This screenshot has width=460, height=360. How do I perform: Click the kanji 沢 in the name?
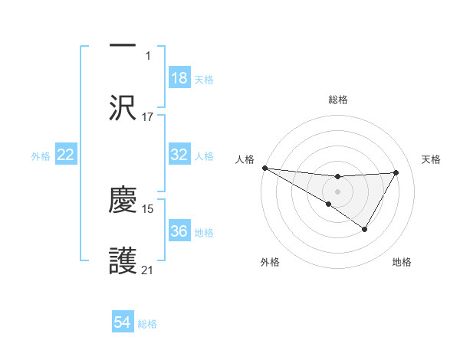tap(123, 109)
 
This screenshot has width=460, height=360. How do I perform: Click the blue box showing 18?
tap(179, 78)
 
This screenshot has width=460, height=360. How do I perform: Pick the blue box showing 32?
tap(179, 155)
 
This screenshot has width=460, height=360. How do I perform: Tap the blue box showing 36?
tap(179, 231)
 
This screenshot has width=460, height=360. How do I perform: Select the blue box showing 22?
tap(66, 155)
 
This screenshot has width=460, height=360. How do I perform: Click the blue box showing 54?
tap(123, 323)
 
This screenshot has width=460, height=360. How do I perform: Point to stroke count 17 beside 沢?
tap(148, 117)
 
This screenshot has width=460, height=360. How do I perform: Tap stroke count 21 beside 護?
tap(148, 270)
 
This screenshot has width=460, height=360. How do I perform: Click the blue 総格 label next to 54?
tap(147, 324)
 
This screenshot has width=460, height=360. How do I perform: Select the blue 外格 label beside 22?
tap(41, 155)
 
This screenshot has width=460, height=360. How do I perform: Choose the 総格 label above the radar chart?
tap(338, 100)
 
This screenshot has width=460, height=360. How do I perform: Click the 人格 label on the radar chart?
tap(245, 159)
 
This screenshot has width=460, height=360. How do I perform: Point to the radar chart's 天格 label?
tap(431, 159)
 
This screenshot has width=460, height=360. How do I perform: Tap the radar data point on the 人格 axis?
tap(264, 168)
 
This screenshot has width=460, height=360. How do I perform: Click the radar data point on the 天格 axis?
tap(396, 172)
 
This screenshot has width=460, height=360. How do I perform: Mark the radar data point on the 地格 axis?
tap(365, 229)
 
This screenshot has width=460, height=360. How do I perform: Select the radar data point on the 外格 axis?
tap(329, 204)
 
